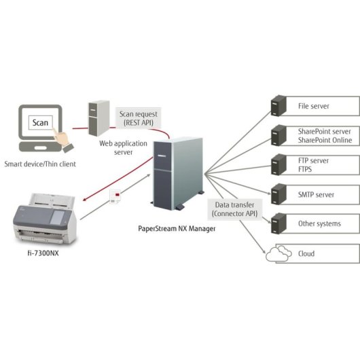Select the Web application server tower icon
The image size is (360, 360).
[98, 118]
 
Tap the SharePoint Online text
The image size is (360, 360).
[324, 140]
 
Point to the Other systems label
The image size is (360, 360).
[319, 223]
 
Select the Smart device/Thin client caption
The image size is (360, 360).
[40, 164]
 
